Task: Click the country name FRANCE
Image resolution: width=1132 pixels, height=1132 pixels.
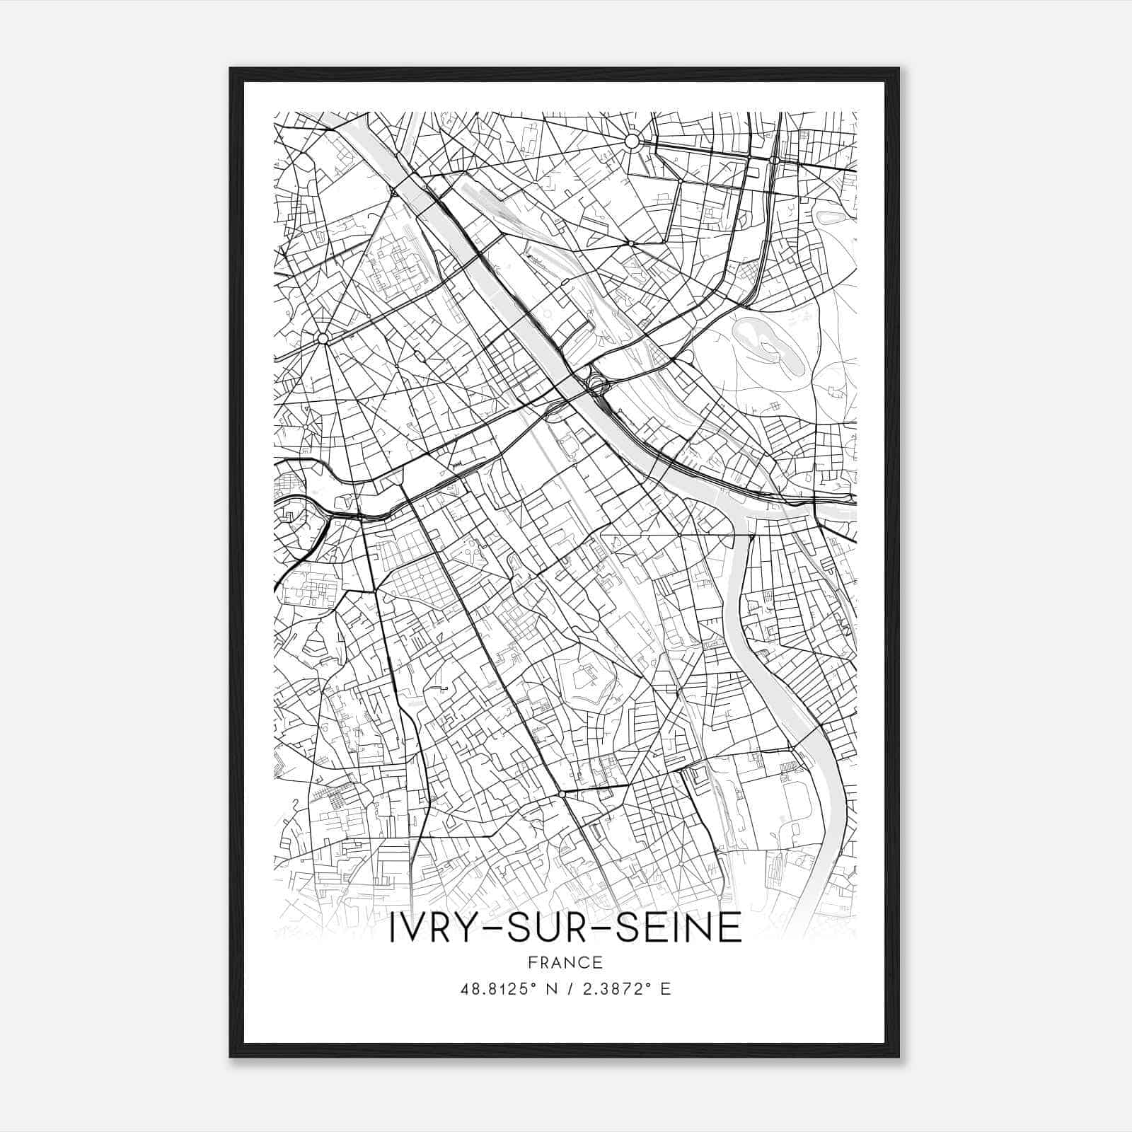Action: tap(565, 962)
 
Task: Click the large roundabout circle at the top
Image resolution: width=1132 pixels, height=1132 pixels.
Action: tap(632, 141)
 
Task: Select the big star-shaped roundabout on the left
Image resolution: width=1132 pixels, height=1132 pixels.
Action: tap(323, 339)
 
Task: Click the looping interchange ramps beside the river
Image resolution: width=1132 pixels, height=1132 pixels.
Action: tap(596, 386)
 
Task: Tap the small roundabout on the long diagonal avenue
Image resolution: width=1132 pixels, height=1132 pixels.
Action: tap(561, 795)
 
